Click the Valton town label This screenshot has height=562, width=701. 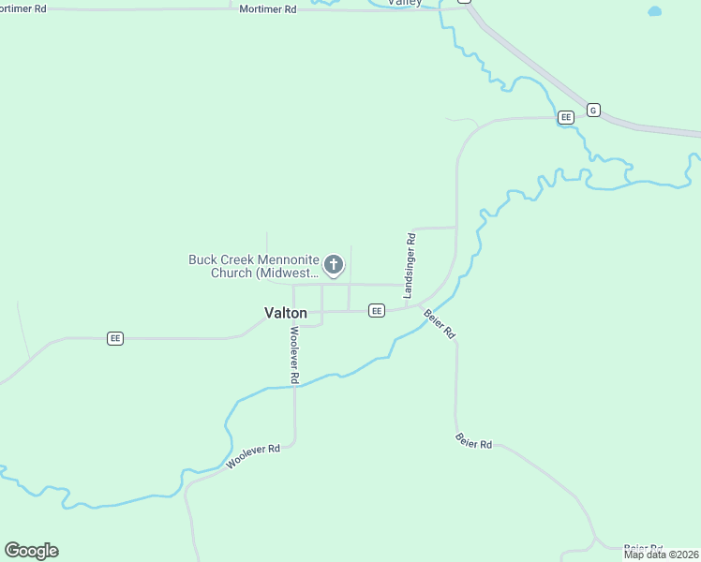286,314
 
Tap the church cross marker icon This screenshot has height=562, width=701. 333,266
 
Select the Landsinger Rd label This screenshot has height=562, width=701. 410,266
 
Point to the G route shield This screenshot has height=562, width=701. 593,110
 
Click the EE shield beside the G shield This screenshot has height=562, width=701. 565,117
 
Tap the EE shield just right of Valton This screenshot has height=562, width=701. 376,310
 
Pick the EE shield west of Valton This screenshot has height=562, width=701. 115,338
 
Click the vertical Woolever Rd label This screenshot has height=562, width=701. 293,354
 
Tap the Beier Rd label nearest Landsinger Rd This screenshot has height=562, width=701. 440,323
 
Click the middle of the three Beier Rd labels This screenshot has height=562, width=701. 473,439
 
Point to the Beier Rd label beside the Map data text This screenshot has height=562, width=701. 643,547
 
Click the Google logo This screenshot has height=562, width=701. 31,551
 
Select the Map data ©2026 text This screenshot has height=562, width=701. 661,555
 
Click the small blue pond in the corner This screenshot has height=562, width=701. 654,11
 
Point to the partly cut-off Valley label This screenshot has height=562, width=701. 405,3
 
